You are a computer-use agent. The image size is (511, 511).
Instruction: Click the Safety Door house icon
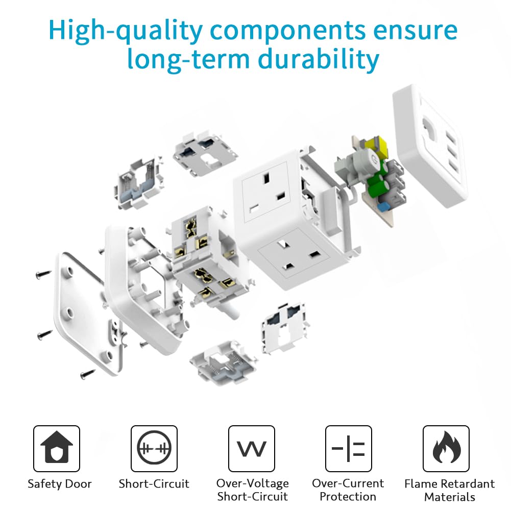click(56, 448)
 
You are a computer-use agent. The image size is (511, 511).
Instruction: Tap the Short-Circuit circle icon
click(154, 448)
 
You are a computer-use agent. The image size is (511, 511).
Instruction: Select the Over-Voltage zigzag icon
click(252, 448)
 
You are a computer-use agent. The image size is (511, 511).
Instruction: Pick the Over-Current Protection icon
click(348, 448)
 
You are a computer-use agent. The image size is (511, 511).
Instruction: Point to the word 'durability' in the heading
click(319, 60)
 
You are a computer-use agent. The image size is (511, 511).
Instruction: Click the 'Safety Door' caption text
click(60, 484)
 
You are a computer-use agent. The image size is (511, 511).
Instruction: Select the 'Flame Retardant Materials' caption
click(449, 490)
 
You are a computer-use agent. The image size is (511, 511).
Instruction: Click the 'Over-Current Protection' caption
click(348, 490)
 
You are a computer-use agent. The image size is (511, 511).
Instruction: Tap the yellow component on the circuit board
click(377, 147)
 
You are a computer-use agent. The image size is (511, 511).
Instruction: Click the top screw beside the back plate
click(44, 274)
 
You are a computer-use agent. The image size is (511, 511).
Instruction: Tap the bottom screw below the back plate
click(88, 374)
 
